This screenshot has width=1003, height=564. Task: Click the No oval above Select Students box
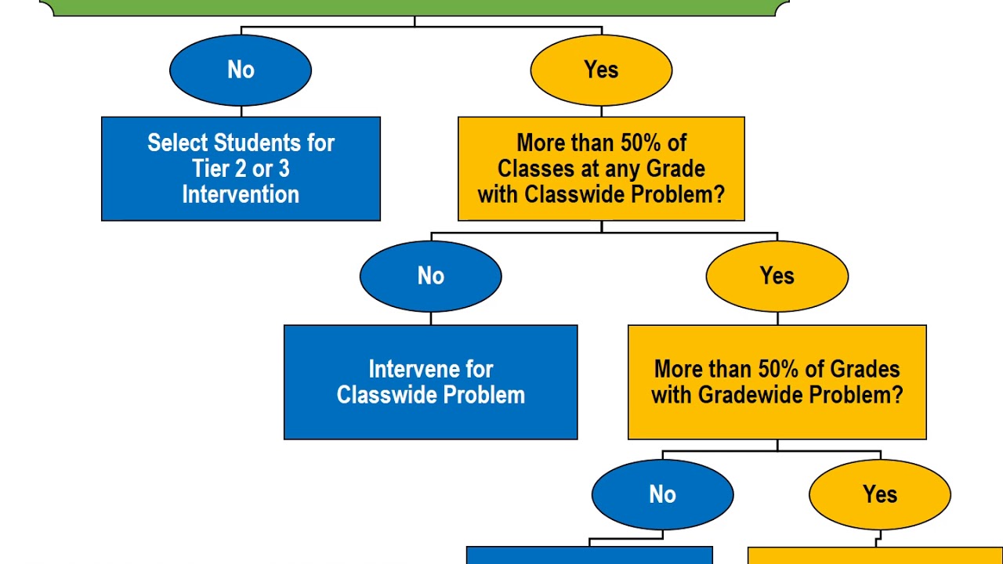(x=241, y=70)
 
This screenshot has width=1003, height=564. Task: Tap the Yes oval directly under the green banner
(x=601, y=70)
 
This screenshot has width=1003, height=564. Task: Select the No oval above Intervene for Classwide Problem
(x=430, y=277)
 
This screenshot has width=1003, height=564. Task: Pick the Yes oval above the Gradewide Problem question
(x=777, y=277)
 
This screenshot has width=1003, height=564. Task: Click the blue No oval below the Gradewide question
(x=662, y=495)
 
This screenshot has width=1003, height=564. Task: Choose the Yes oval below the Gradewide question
(x=879, y=495)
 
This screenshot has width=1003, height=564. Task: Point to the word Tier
(x=211, y=169)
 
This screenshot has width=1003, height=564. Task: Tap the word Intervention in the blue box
(x=241, y=194)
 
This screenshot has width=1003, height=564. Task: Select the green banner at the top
(x=414, y=7)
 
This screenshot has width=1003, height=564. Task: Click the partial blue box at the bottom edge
(x=589, y=555)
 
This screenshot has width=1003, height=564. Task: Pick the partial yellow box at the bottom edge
(x=874, y=555)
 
